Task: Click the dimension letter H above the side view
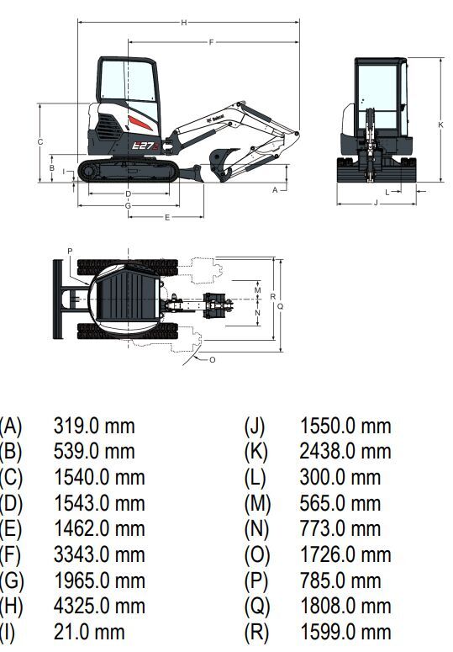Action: click(x=183, y=23)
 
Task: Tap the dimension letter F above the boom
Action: click(x=211, y=42)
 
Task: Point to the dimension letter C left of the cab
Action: click(x=40, y=142)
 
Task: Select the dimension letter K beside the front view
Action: click(x=441, y=125)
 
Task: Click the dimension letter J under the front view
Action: click(x=377, y=203)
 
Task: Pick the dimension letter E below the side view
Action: click(x=167, y=217)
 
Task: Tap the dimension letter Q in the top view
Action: click(x=280, y=306)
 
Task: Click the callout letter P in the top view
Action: click(x=70, y=252)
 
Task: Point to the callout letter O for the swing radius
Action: click(x=212, y=360)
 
